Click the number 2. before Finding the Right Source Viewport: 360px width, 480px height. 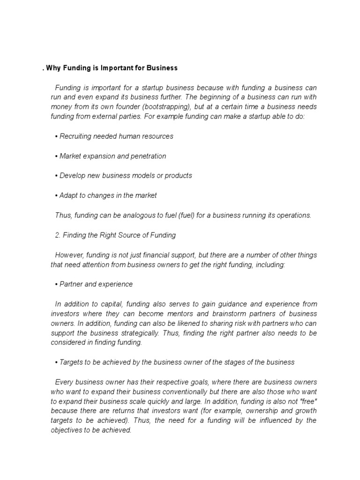click(x=58, y=235)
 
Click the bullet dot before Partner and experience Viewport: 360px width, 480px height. click(x=56, y=285)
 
